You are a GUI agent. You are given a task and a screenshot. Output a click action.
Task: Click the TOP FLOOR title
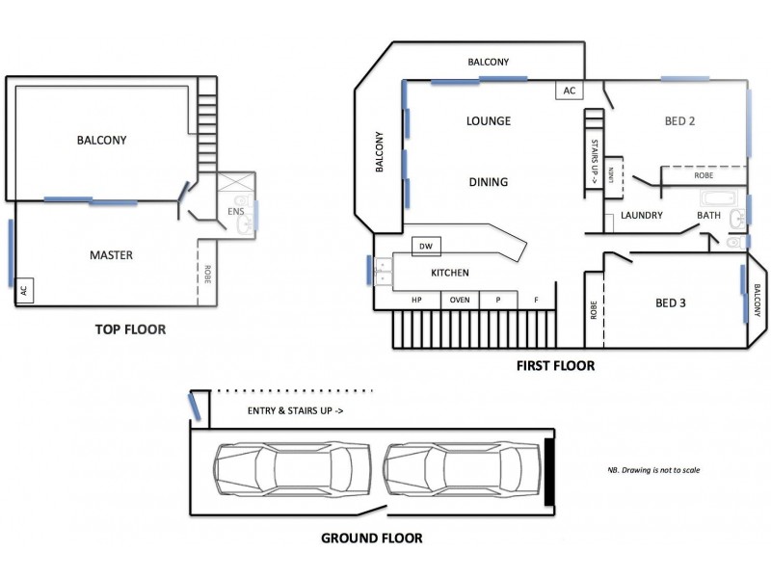130,329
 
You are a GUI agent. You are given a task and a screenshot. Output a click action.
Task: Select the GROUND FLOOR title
371,539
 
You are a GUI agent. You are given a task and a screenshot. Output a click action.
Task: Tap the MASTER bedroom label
111,255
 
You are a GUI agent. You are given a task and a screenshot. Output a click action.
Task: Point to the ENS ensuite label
235,211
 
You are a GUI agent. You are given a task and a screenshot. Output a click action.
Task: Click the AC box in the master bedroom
25,290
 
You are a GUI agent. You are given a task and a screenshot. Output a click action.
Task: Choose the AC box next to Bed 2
569,91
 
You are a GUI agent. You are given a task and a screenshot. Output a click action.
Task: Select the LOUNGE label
488,121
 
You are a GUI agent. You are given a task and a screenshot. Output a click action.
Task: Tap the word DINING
488,182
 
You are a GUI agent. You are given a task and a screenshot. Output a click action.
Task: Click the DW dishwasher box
425,248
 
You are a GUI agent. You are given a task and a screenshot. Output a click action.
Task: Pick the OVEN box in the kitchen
460,300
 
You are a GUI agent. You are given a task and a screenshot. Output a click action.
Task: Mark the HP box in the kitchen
418,300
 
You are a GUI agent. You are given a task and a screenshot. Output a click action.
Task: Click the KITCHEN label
450,274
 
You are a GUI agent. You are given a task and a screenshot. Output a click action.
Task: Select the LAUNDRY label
642,216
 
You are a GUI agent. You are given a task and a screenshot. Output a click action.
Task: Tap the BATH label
709,216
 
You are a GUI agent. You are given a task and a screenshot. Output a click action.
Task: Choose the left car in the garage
288,469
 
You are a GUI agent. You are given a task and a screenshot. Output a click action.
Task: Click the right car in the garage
459,469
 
